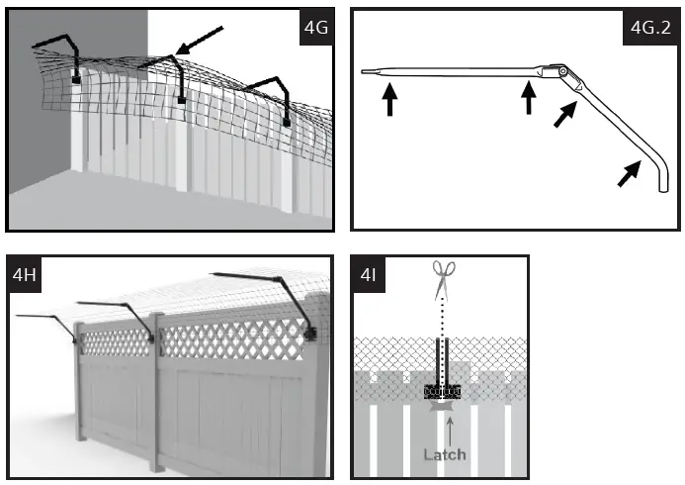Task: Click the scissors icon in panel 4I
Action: [x=442, y=280]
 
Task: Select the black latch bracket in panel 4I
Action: [x=442, y=390]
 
